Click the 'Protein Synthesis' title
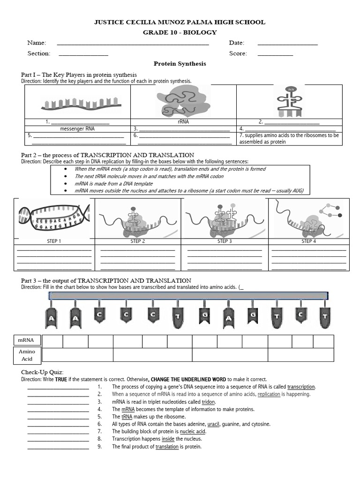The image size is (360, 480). coord(180,63)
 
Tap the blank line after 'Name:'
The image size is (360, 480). coord(133,44)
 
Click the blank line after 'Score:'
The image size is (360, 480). coord(275,55)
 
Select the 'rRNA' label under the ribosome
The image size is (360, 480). coord(183,122)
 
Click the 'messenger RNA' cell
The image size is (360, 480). coord(77,128)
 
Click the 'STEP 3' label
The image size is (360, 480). coord(225,241)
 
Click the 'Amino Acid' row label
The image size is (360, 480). coord(27,355)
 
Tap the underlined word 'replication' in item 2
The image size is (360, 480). coord(269,394)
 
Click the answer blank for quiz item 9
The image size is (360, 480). coord(58,447)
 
